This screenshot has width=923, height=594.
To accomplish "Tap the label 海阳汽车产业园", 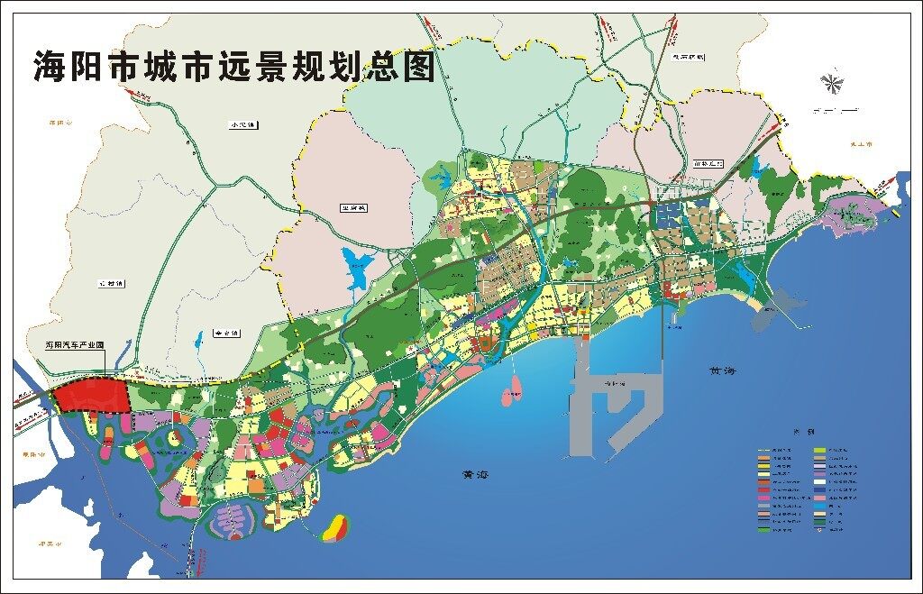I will click(x=76, y=344).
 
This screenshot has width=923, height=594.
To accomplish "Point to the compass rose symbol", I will click(x=830, y=84).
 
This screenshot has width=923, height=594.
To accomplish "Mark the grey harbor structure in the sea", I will click(x=613, y=397).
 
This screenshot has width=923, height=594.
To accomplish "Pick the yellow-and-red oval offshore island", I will click(x=334, y=528).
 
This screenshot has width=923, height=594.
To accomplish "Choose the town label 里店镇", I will click(x=353, y=208).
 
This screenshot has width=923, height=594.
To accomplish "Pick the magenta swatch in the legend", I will click(x=763, y=498).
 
